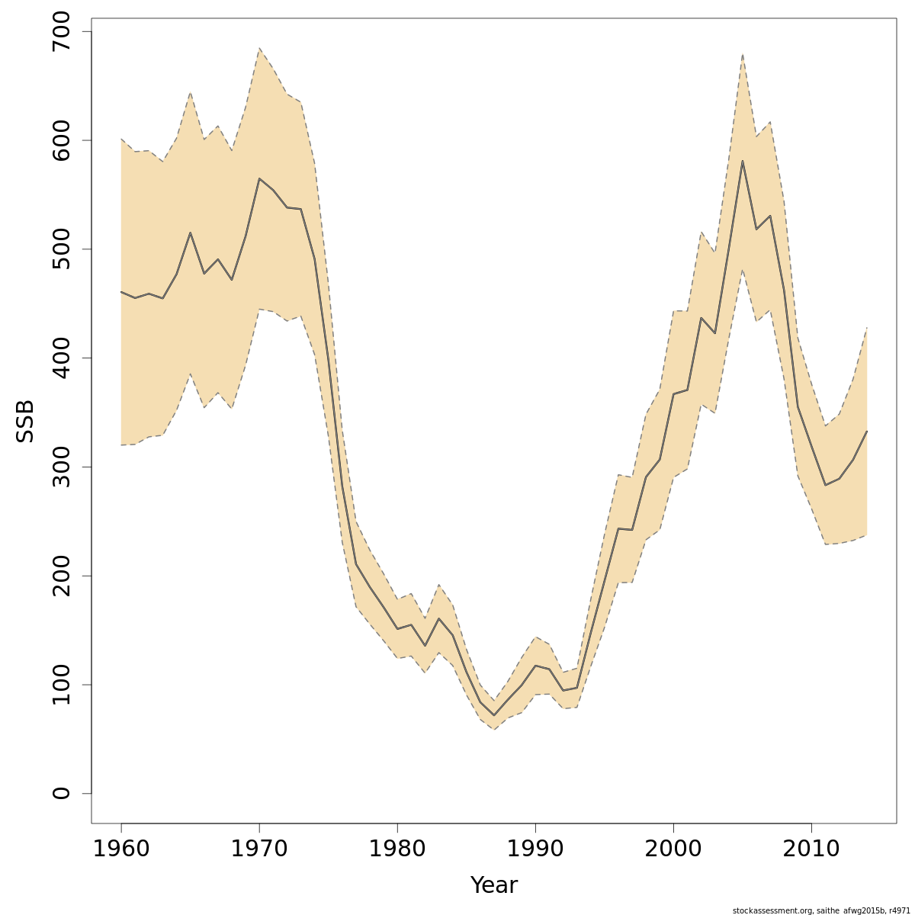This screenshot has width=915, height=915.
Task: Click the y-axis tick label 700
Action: click(62, 32)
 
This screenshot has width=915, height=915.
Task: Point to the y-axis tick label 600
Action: click(62, 140)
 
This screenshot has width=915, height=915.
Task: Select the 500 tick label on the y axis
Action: click(62, 249)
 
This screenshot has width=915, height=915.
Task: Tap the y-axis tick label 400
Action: click(62, 358)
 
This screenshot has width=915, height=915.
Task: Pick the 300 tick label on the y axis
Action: click(62, 467)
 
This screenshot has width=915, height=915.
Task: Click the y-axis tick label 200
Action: click(62, 576)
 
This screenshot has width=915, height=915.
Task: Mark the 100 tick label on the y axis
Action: click(62, 685)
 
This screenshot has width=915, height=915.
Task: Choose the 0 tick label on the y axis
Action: click(62, 793)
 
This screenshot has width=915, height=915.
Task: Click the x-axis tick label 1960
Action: click(121, 849)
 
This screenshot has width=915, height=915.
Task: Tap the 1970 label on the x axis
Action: click(259, 849)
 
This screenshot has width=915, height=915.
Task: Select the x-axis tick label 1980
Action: click(397, 849)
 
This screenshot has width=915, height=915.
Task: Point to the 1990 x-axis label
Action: click(535, 849)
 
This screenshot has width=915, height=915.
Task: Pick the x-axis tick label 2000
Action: click(673, 849)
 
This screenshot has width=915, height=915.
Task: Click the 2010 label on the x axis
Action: click(811, 849)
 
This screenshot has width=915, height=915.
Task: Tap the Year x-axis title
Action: click(493, 885)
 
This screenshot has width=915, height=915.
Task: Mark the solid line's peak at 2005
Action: click(742, 161)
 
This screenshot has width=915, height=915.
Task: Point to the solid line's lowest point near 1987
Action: click(494, 715)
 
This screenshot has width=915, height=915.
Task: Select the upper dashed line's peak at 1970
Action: click(259, 49)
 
